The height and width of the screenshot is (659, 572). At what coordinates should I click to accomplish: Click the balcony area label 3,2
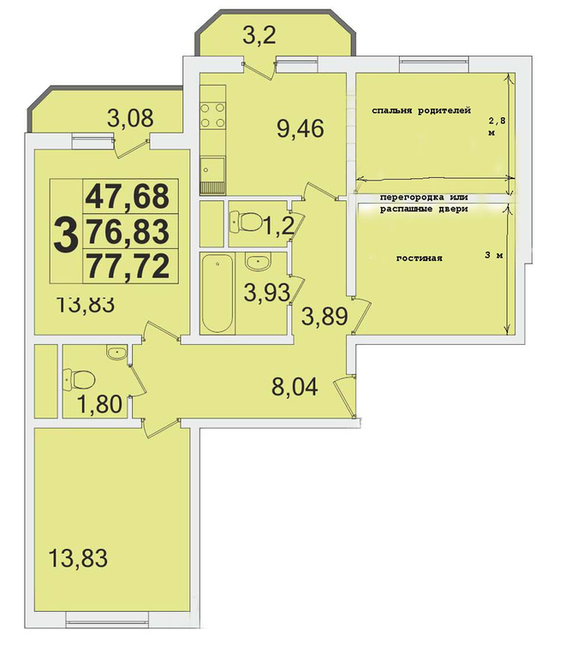coord(259,35)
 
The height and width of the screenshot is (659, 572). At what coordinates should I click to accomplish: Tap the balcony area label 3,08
coord(130,118)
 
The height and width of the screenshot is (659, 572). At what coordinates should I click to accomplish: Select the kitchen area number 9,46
coord(301,128)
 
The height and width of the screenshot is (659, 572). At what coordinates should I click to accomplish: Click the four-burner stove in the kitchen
coord(212,116)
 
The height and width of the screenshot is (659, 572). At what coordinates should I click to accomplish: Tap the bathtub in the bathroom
coord(217,294)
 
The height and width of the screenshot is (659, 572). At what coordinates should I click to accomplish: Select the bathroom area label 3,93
coord(267,293)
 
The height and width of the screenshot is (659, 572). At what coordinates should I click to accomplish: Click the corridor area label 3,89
coord(325,316)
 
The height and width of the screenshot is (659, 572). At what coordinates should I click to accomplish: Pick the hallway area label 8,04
coord(295,386)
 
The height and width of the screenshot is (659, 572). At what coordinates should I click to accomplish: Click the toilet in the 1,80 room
coord(79,379)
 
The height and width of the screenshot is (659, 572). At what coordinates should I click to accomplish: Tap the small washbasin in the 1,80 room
coord(116,353)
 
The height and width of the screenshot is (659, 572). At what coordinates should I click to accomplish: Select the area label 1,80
coord(99,404)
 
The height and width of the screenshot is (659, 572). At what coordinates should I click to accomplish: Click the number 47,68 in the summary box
coord(128,197)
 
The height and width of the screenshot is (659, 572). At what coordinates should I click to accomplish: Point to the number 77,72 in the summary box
coord(128,266)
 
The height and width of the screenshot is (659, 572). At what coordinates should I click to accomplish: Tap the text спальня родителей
coord(421,110)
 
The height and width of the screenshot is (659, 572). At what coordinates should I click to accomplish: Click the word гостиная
coord(420,258)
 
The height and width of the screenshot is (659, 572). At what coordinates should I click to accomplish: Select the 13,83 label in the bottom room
coord(78,559)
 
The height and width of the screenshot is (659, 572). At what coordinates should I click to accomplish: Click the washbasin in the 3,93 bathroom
coord(257,263)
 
